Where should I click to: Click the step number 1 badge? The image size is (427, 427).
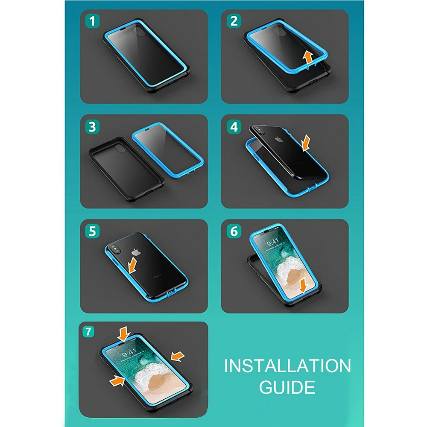point(92,21)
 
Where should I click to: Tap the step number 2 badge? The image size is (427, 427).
point(234,21)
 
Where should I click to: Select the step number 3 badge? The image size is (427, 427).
point(92,127)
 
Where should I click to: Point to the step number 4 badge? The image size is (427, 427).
point(234,127)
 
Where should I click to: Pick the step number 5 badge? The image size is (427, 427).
point(92,231)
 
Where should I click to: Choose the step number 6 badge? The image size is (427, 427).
point(234,231)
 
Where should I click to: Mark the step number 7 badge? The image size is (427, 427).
point(88,332)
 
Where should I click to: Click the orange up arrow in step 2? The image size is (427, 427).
point(308,58)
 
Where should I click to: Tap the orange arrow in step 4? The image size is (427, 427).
point(306,143)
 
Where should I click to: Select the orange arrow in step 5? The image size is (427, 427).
point(132,266)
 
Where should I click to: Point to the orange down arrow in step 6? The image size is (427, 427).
point(303,286)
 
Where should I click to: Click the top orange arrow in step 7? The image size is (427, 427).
point(124,334)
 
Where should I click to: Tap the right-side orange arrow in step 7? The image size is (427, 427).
point(178,356)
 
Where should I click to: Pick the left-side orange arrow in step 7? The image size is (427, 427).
point(117,380)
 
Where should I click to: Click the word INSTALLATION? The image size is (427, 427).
point(287,366)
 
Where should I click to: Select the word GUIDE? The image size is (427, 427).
point(287,387)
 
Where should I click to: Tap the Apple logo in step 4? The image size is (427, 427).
point(278,140)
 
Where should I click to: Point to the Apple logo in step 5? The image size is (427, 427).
point(136,252)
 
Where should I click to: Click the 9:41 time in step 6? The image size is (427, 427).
point(272,242)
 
